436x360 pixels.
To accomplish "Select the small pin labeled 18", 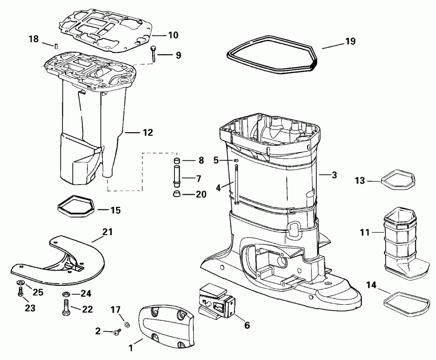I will pyautogui.click(x=56, y=47).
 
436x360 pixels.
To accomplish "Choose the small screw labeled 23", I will pyautogui.click(x=21, y=293).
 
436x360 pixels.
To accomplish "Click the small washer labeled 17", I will pyautogui.click(x=126, y=324).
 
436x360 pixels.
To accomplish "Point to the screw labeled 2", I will pyautogui.click(x=117, y=332).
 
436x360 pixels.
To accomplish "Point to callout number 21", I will pyautogui.click(x=107, y=233).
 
